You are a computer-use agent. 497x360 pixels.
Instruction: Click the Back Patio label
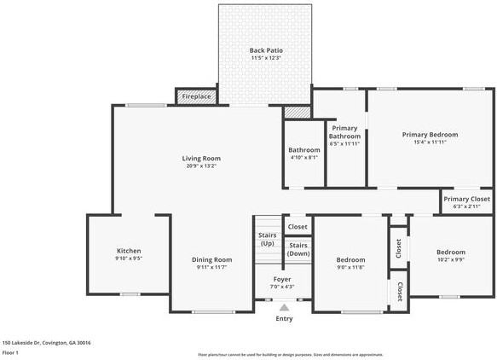tap(266, 50)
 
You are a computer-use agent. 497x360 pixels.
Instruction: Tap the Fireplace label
tap(196, 96)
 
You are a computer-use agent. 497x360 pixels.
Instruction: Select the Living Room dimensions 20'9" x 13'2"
tap(201, 166)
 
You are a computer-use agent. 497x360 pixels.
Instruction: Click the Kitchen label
tap(129, 251)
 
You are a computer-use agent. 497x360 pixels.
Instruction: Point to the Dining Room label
tap(211, 259)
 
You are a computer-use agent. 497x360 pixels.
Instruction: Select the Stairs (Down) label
tap(298, 249)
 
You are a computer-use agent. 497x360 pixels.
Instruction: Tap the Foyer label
tap(282, 280)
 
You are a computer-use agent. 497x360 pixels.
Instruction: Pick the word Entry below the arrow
tap(284, 318)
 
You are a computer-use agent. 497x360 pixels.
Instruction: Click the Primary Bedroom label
tap(430, 135)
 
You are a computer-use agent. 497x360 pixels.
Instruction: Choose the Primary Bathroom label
tap(345, 131)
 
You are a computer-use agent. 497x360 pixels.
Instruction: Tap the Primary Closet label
tap(466, 199)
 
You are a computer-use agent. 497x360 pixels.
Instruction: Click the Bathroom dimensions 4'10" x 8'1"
tap(304, 158)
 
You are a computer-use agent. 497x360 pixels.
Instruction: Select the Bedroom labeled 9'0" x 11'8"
tap(350, 268)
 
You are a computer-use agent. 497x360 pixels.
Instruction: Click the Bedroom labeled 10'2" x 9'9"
tap(451, 260)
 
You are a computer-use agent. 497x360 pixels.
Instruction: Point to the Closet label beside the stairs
tap(298, 226)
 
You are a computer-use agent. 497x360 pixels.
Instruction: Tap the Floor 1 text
tap(11, 351)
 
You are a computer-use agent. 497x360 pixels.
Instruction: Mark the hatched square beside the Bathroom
tap(296, 112)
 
